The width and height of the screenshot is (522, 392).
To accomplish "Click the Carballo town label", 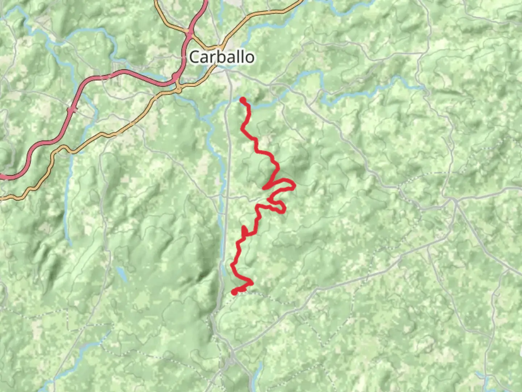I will pyautogui.click(x=221, y=57).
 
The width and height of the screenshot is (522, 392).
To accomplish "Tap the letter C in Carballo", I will pyautogui.click(x=194, y=57).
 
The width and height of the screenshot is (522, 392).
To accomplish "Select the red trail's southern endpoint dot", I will pyautogui.click(x=235, y=291).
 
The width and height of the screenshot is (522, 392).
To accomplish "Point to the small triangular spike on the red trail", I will pyautogui.click(x=245, y=230).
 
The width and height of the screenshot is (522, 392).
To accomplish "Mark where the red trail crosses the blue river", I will pyautogui.click(x=248, y=106).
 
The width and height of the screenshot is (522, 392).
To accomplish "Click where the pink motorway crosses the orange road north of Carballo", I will pyautogui.click(x=189, y=32).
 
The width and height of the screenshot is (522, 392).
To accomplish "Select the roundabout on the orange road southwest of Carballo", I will pyautogui.click(x=178, y=89).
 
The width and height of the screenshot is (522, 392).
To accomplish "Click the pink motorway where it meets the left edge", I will pyautogui.click(x=1, y=177).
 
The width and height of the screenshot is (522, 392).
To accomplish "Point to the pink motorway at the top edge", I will pyautogui.click(x=206, y=1).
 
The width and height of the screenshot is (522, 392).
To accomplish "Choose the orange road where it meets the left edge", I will pyautogui.click(x=1, y=198).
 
